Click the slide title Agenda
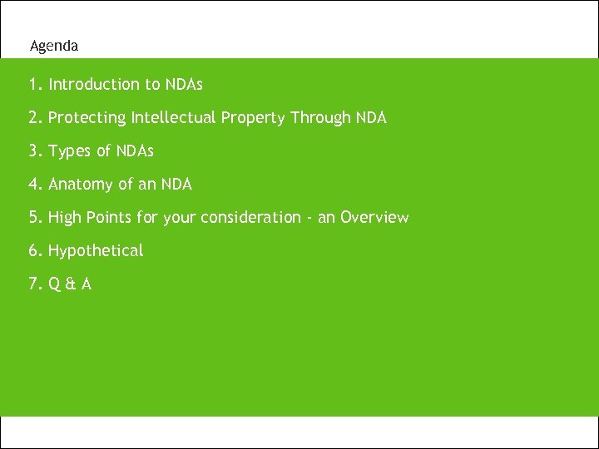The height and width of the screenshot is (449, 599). (54, 47)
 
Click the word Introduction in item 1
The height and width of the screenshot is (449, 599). (94, 85)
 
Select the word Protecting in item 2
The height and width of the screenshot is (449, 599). (87, 118)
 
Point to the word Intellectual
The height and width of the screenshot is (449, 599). (173, 118)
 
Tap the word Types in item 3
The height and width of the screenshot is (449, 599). (70, 151)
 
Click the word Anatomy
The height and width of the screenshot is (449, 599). (82, 185)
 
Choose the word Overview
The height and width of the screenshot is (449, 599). (374, 218)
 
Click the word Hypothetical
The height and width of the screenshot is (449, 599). (96, 251)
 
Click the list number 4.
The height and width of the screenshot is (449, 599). (33, 185)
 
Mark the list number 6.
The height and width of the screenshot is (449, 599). (33, 251)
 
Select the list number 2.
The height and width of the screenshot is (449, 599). (33, 118)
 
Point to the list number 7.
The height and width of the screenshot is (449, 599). (33, 284)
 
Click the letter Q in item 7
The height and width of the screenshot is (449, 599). (52, 284)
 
